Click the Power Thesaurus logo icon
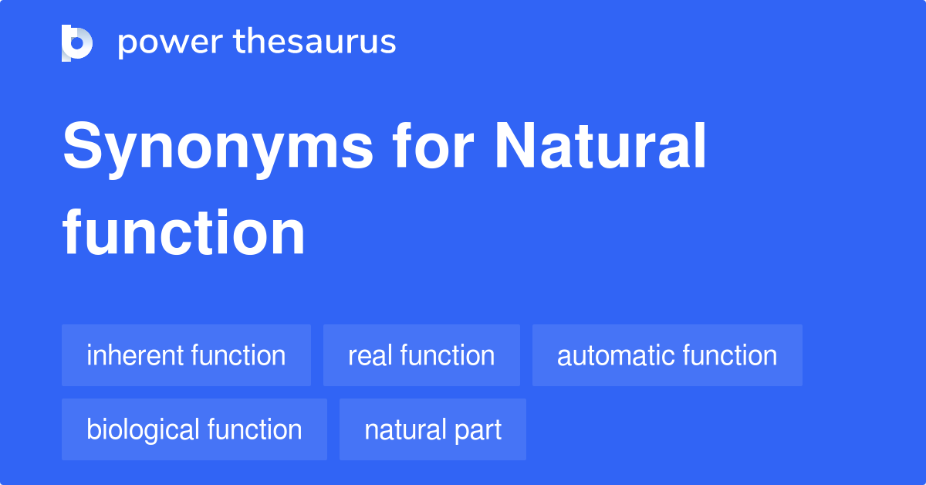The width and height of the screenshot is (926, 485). [77, 42]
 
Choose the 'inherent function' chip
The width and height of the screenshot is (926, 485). [186, 355]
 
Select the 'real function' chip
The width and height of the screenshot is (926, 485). [421, 355]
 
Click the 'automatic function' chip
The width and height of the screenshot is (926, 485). [667, 355]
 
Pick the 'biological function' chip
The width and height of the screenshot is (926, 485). [194, 429]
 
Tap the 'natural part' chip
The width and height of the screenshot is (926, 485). [432, 429]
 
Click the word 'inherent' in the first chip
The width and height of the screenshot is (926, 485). [135, 355]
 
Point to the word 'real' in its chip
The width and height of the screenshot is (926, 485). [366, 355]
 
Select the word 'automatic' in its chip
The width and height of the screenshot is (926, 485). [606, 355]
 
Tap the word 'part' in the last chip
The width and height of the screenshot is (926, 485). [479, 430]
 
